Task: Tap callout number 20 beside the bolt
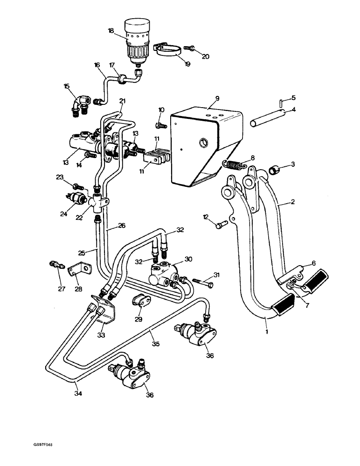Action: pos(205,57)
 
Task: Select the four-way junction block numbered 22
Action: pos(99,202)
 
